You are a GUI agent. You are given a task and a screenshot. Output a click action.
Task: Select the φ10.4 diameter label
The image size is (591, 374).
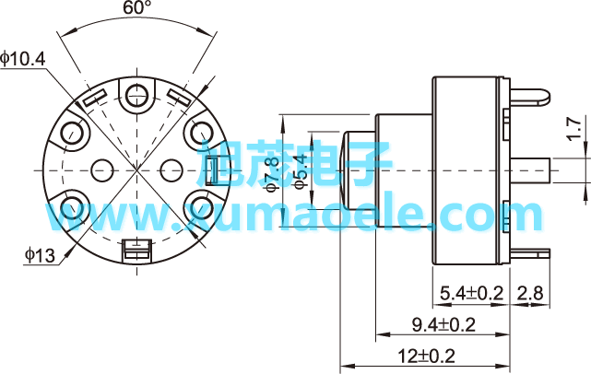[23, 59]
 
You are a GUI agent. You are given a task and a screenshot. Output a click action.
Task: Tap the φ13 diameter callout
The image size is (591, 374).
[40, 255]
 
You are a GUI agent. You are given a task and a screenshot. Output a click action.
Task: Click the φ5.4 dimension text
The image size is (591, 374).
[301, 171]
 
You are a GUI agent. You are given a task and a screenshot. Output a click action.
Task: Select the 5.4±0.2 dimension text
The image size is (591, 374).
[472, 293]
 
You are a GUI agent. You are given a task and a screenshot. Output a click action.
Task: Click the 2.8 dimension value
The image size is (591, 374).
[530, 293]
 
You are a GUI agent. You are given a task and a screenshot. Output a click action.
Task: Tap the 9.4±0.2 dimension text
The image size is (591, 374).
[443, 324]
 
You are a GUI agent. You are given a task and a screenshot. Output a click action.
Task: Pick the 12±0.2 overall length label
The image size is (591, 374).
[426, 356]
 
